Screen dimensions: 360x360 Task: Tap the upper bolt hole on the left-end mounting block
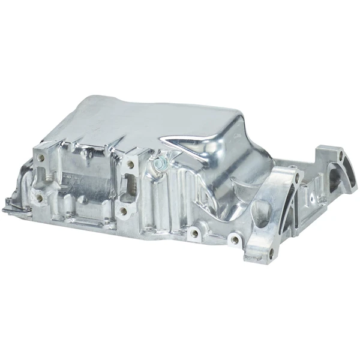click(40, 160)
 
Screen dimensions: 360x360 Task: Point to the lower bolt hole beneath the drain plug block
click(124, 212)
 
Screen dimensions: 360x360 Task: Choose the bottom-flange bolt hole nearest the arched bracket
click(235, 240)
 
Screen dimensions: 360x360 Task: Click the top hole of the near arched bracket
click(295, 176)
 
